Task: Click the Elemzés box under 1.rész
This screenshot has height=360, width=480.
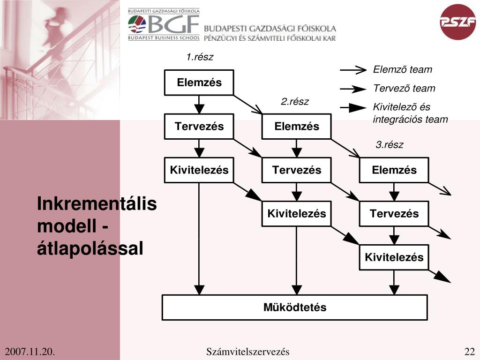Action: pyautogui.click(x=199, y=83)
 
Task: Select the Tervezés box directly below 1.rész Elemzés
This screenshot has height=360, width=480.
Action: pyautogui.click(x=199, y=127)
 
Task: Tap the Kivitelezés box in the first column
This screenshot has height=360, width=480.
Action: pyautogui.click(x=199, y=170)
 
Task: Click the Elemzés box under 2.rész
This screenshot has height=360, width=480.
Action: pyautogui.click(x=297, y=127)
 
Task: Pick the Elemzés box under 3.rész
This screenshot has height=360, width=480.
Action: pyautogui.click(x=394, y=170)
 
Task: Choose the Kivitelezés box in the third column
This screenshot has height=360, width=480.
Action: pyautogui.click(x=394, y=257)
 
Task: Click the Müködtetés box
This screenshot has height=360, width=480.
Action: pyautogui.click(x=295, y=307)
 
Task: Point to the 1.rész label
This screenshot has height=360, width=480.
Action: pyautogui.click(x=200, y=57)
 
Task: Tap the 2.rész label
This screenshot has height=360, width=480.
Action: pyautogui.click(x=295, y=102)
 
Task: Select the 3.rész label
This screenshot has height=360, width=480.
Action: pyautogui.click(x=389, y=145)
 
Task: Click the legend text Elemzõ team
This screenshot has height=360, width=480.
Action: pyautogui.click(x=403, y=70)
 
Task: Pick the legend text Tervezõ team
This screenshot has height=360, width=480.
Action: pyautogui.click(x=404, y=89)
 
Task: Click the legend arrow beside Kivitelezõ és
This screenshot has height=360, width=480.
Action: pyautogui.click(x=352, y=108)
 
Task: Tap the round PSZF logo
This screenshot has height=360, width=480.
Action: pyautogui.click(x=458, y=22)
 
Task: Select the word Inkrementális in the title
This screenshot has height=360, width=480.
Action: pyautogui.click(x=97, y=205)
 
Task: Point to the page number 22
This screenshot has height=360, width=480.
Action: pyautogui.click(x=470, y=352)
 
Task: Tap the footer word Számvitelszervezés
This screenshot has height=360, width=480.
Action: pyautogui.click(x=247, y=352)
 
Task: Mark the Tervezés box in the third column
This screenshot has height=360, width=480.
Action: pyautogui.click(x=394, y=214)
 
